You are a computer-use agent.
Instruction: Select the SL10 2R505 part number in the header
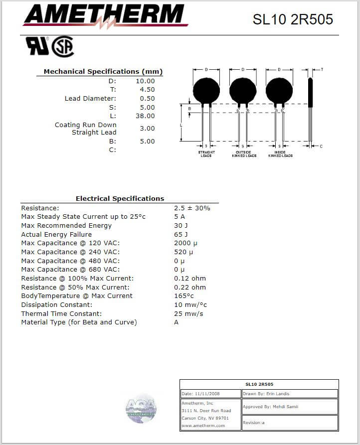point(293,19)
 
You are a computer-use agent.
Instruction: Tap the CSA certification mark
point(63,47)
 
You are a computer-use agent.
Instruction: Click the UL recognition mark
point(37,46)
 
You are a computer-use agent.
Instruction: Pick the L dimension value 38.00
point(145,116)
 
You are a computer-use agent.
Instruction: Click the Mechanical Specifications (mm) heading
point(103,72)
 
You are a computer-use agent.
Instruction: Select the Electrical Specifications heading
point(120,198)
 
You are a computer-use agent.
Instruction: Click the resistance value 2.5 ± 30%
point(192,208)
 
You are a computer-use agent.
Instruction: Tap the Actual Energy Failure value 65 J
point(181,234)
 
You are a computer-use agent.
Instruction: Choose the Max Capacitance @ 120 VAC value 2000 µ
point(186,243)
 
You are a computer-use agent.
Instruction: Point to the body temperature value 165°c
point(184,296)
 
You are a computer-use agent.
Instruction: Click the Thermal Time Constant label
point(61,313)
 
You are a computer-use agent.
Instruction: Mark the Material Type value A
point(177,322)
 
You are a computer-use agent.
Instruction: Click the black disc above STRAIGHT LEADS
point(206,91)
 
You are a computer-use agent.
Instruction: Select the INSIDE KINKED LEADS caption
point(280,154)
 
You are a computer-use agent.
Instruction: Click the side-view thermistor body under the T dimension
point(310,93)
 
